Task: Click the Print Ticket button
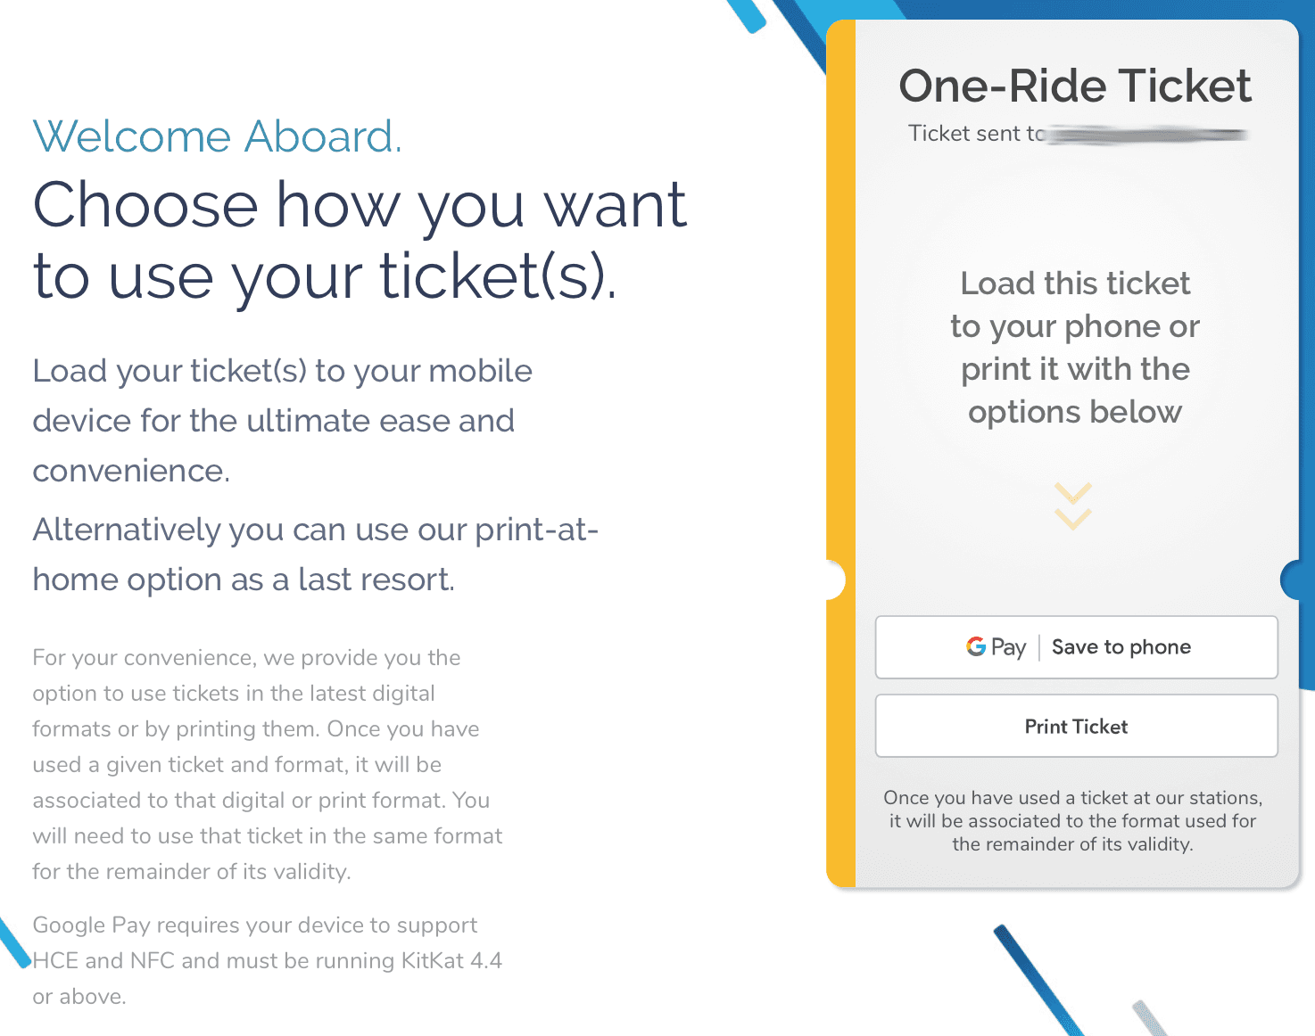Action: coord(1076,727)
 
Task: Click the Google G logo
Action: coord(976,646)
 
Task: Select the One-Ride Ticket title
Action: coord(1075,86)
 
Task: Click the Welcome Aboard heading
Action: coord(217,136)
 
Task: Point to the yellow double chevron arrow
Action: coord(1072,506)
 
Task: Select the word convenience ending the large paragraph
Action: coord(130,471)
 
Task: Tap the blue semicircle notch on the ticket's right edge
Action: coord(1295,580)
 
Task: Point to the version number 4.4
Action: coord(485,960)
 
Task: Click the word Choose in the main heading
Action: coord(145,205)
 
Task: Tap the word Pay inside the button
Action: coord(1009,647)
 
